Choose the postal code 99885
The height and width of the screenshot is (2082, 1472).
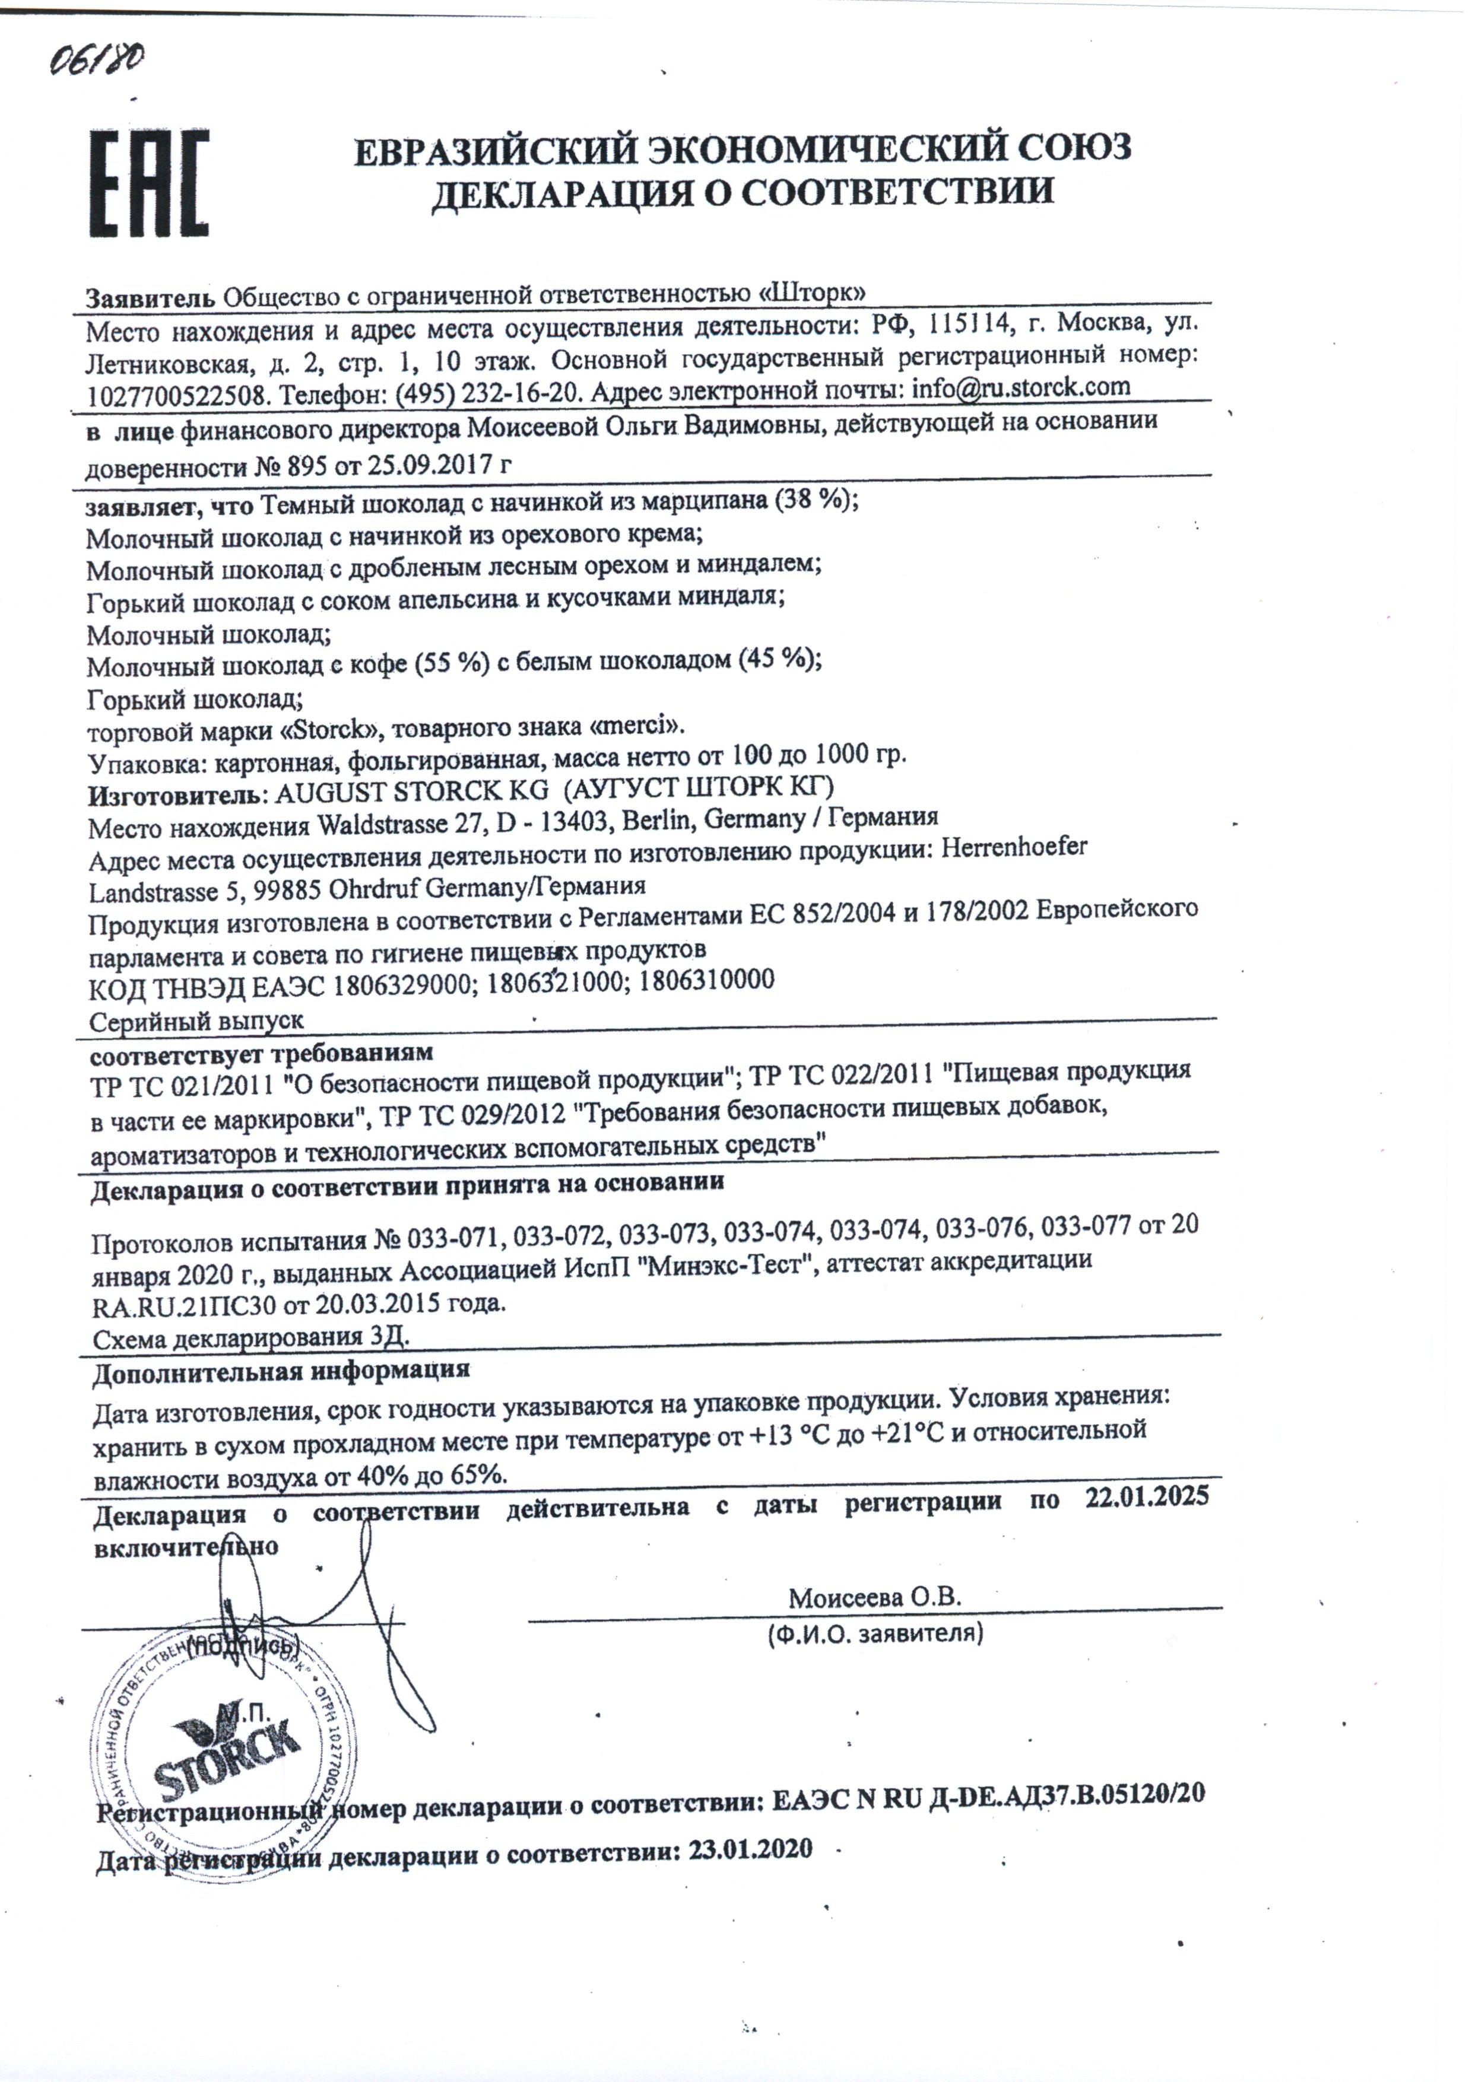tap(274, 889)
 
